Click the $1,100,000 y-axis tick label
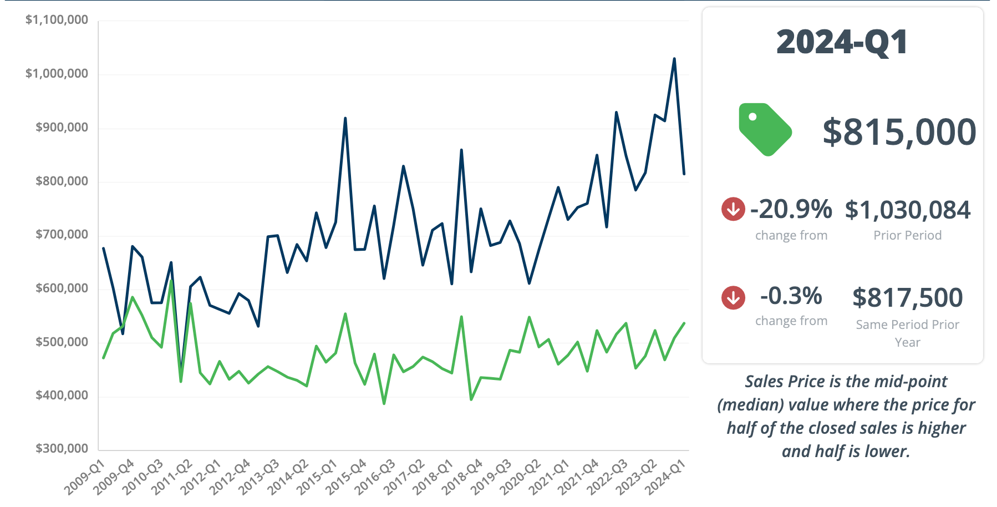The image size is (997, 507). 57,20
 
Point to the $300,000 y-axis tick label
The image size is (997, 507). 62,448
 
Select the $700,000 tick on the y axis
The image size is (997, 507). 62,234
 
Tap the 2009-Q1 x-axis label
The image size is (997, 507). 85,478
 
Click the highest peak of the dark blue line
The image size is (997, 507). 674,58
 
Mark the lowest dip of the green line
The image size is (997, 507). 384,403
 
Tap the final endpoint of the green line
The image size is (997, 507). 684,323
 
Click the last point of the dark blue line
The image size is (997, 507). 684,174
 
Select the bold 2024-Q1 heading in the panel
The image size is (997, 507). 842,42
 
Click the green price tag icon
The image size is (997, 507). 765,129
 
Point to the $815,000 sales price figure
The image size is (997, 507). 899,132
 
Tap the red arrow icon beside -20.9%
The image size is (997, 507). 733,209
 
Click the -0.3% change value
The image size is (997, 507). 791,296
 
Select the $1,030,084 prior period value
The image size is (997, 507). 907,210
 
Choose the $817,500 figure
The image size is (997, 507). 907,298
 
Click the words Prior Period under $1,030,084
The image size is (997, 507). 907,235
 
